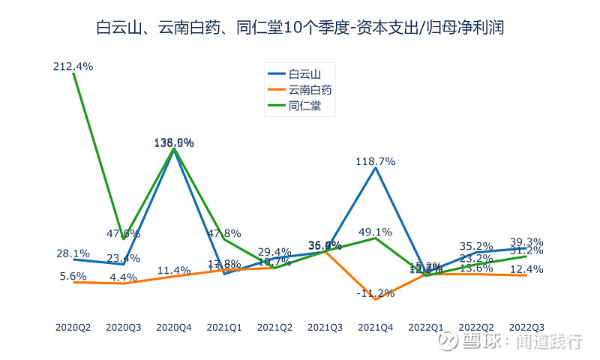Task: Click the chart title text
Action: click(300, 28)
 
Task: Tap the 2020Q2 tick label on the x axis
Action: click(73, 328)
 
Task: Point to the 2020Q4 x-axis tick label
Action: click(174, 328)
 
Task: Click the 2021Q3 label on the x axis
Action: click(325, 328)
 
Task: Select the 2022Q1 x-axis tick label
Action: click(426, 328)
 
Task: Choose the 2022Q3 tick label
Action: click(526, 328)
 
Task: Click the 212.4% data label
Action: click(73, 67)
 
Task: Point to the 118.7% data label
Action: click(376, 161)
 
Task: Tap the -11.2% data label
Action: click(376, 293)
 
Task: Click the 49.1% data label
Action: click(376, 232)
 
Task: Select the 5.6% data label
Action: click(73, 276)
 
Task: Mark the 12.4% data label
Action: click(526, 269)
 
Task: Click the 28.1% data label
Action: click(73, 253)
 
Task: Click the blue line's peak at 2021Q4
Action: click(376, 168)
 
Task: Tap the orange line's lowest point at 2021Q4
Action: click(376, 299)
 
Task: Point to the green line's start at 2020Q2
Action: click(73, 73)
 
